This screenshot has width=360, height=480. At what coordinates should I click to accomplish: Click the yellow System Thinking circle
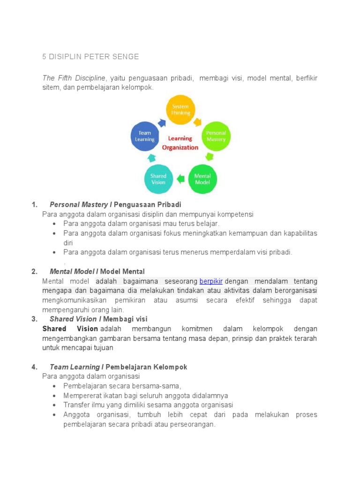(180, 110)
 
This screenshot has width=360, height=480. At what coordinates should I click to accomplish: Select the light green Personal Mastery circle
(216, 136)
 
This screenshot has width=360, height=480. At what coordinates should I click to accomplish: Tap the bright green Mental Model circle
(202, 179)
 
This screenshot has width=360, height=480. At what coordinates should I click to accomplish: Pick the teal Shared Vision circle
(158, 179)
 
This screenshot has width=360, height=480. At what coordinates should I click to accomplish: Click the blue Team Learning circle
(145, 136)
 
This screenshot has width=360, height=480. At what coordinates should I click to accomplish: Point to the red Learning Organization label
(180, 142)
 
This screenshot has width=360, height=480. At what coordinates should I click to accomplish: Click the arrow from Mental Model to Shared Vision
(180, 179)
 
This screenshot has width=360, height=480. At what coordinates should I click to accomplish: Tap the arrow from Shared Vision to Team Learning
(151, 158)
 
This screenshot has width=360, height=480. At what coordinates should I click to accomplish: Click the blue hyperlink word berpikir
(211, 281)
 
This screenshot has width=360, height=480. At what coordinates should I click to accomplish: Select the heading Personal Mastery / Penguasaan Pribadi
(115, 205)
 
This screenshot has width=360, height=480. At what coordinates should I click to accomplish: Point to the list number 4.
(34, 367)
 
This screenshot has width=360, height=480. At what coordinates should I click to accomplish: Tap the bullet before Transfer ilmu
(55, 405)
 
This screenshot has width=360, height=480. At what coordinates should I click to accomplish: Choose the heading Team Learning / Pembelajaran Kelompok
(118, 367)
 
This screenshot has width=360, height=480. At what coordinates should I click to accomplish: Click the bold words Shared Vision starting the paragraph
(70, 329)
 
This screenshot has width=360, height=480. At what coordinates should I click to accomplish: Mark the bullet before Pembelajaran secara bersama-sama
(55, 386)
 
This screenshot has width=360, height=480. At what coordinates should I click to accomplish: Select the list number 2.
(34, 271)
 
